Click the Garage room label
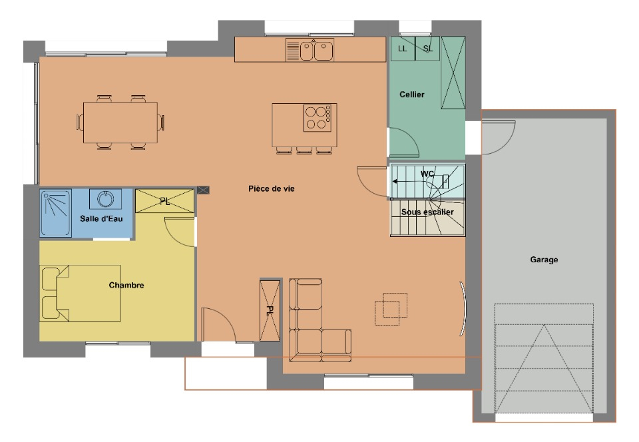[544, 260]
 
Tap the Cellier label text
[411, 95]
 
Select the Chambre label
[126, 285]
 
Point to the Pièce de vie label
[272, 188]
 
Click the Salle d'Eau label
[101, 219]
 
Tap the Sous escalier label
[427, 212]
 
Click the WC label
[427, 174]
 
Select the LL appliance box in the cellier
[403, 49]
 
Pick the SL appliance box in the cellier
[427, 49]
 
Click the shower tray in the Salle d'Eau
[55, 213]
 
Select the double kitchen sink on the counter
[310, 50]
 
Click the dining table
[120, 122]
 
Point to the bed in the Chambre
[81, 294]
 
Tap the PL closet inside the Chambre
[164, 201]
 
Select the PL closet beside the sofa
[270, 310]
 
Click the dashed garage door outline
[544, 359]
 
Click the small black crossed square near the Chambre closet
[204, 190]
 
